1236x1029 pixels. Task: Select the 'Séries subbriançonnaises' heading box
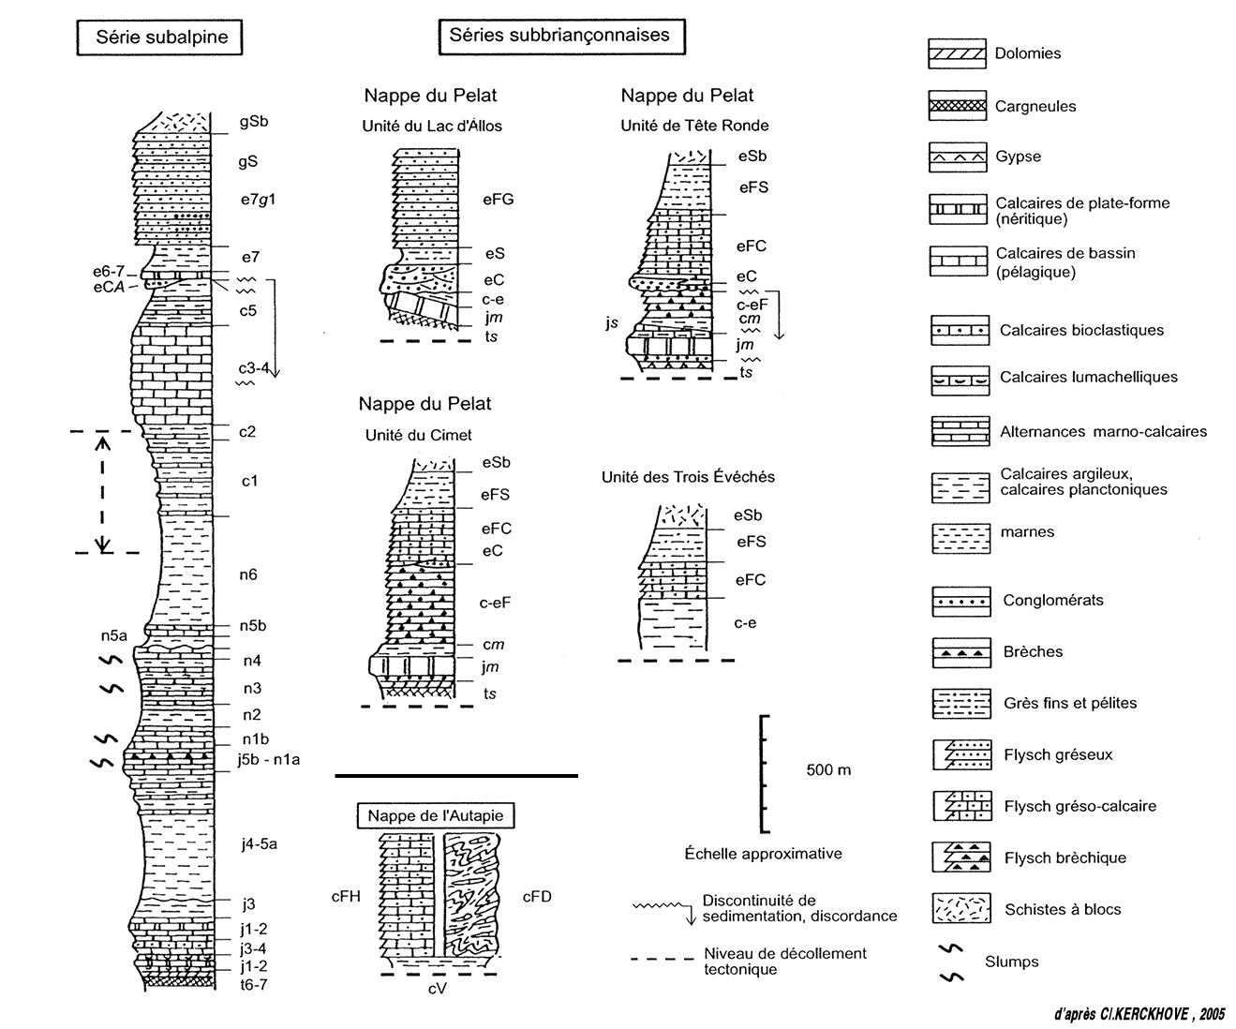pyautogui.click(x=559, y=36)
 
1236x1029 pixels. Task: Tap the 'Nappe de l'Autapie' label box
pyautogui.click(x=435, y=815)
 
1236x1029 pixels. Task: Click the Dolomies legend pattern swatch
pyautogui.click(x=957, y=53)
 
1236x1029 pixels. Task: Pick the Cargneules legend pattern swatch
pyautogui.click(x=957, y=106)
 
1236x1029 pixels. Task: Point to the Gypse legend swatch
pyautogui.click(x=957, y=157)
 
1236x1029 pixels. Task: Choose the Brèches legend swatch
pyautogui.click(x=961, y=652)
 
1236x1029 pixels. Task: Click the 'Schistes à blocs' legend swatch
pyautogui.click(x=961, y=909)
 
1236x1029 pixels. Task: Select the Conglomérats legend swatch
pyautogui.click(x=961, y=601)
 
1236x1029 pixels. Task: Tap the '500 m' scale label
pyautogui.click(x=828, y=770)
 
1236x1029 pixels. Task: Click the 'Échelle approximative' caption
pyautogui.click(x=763, y=854)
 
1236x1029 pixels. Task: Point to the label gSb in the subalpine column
pyautogui.click(x=254, y=121)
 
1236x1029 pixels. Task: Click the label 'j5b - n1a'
pyautogui.click(x=270, y=759)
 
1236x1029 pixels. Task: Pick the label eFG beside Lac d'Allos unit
pyautogui.click(x=499, y=199)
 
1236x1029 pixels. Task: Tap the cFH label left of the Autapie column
pyautogui.click(x=346, y=897)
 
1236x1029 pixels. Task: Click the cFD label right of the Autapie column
pyautogui.click(x=537, y=897)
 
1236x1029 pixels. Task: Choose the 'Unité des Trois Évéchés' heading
pyautogui.click(x=688, y=477)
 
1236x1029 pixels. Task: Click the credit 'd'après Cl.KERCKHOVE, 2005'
pyautogui.click(x=1138, y=1014)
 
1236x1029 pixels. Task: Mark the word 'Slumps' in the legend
pyautogui.click(x=1011, y=962)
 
